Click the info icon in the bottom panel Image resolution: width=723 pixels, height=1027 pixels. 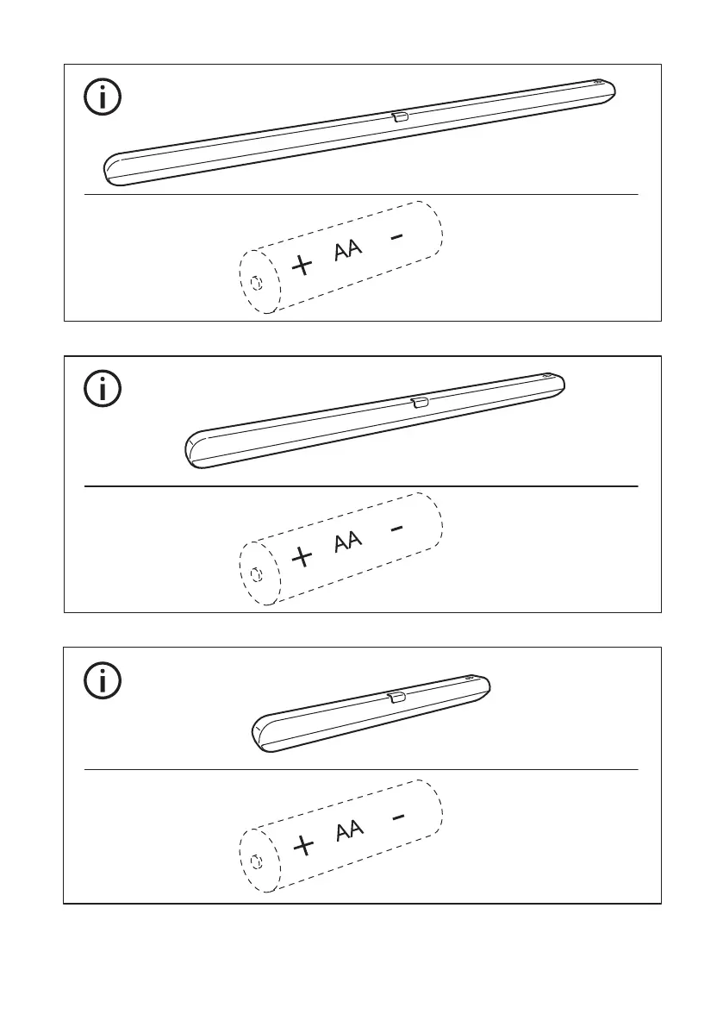click(x=103, y=681)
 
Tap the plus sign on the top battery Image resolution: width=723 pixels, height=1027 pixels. click(x=302, y=265)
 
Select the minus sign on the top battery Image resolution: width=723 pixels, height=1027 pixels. click(x=396, y=236)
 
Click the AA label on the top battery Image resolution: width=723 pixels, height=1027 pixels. click(x=347, y=251)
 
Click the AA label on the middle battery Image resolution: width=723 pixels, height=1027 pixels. click(x=347, y=542)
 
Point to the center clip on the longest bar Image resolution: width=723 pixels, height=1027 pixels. click(x=400, y=116)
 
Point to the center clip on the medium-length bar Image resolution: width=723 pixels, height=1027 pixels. click(x=420, y=403)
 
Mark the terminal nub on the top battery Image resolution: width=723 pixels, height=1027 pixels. click(x=255, y=282)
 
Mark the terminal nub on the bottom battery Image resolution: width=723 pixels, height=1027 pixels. click(x=255, y=863)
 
